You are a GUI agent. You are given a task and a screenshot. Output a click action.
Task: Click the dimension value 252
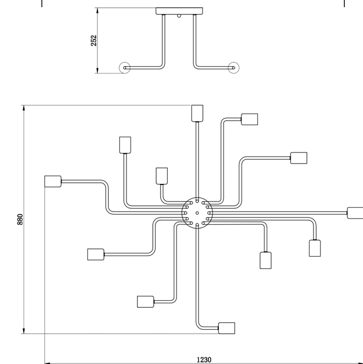[x=94, y=41]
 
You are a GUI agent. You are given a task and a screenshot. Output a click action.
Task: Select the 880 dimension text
[x=20, y=219]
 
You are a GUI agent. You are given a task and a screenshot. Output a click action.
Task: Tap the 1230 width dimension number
[x=204, y=360]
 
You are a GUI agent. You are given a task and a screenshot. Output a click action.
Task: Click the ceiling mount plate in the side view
[x=179, y=11]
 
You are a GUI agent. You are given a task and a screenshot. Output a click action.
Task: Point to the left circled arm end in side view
[x=124, y=68]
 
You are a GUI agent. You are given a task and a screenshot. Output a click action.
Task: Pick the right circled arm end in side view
[x=233, y=68]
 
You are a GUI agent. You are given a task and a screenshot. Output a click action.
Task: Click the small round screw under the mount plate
[x=179, y=16]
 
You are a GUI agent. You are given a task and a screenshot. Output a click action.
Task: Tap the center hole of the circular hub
[x=197, y=213]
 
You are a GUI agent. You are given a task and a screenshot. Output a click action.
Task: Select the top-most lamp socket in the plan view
[x=197, y=113]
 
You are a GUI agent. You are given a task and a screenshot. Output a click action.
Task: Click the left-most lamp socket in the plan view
[x=53, y=181]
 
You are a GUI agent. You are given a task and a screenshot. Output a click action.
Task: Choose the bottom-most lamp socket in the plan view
[x=227, y=328]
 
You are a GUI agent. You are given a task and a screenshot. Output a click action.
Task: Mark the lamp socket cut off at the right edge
[x=355, y=213]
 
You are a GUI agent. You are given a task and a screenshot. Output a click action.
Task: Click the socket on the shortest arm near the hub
[x=162, y=176]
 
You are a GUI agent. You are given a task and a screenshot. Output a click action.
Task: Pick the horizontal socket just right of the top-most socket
[x=249, y=119]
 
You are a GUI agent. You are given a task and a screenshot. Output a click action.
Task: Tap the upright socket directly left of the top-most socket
[x=125, y=145]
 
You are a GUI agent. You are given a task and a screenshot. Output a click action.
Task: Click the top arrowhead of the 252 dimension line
[x=97, y=10]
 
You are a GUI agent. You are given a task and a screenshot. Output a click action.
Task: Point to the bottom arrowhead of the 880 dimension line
[x=24, y=331]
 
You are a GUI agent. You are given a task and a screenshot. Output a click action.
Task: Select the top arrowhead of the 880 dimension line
[x=24, y=108]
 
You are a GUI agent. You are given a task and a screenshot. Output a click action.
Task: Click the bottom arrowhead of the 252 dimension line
[x=97, y=70]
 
